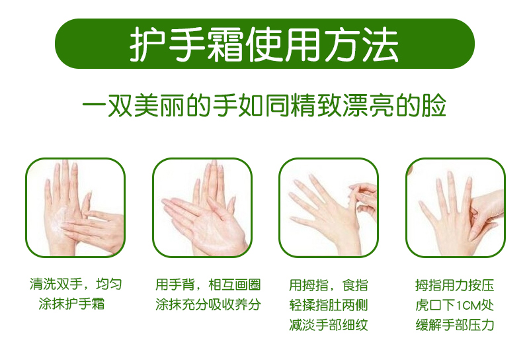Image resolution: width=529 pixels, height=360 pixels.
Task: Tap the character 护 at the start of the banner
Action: click(147, 45)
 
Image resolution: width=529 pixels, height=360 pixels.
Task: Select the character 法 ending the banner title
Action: click(380, 45)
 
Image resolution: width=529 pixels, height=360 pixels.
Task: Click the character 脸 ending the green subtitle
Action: click(434, 106)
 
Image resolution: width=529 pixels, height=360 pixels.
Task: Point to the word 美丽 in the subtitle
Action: click(159, 106)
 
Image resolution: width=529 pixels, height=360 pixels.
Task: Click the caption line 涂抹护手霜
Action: click(71, 304)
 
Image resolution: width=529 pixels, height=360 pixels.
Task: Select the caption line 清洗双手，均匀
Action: click(75, 284)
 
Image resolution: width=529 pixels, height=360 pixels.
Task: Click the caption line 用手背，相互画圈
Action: click(208, 285)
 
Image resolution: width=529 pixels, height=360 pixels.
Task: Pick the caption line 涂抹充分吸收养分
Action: click(208, 304)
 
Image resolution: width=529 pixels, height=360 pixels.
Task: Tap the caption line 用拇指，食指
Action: click(328, 285)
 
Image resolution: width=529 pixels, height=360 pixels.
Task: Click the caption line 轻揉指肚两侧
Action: click(328, 305)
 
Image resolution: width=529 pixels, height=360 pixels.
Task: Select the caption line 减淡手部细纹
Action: click(328, 324)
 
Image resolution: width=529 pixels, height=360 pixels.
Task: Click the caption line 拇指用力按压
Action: click(454, 285)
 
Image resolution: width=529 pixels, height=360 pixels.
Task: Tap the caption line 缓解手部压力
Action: click(454, 324)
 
